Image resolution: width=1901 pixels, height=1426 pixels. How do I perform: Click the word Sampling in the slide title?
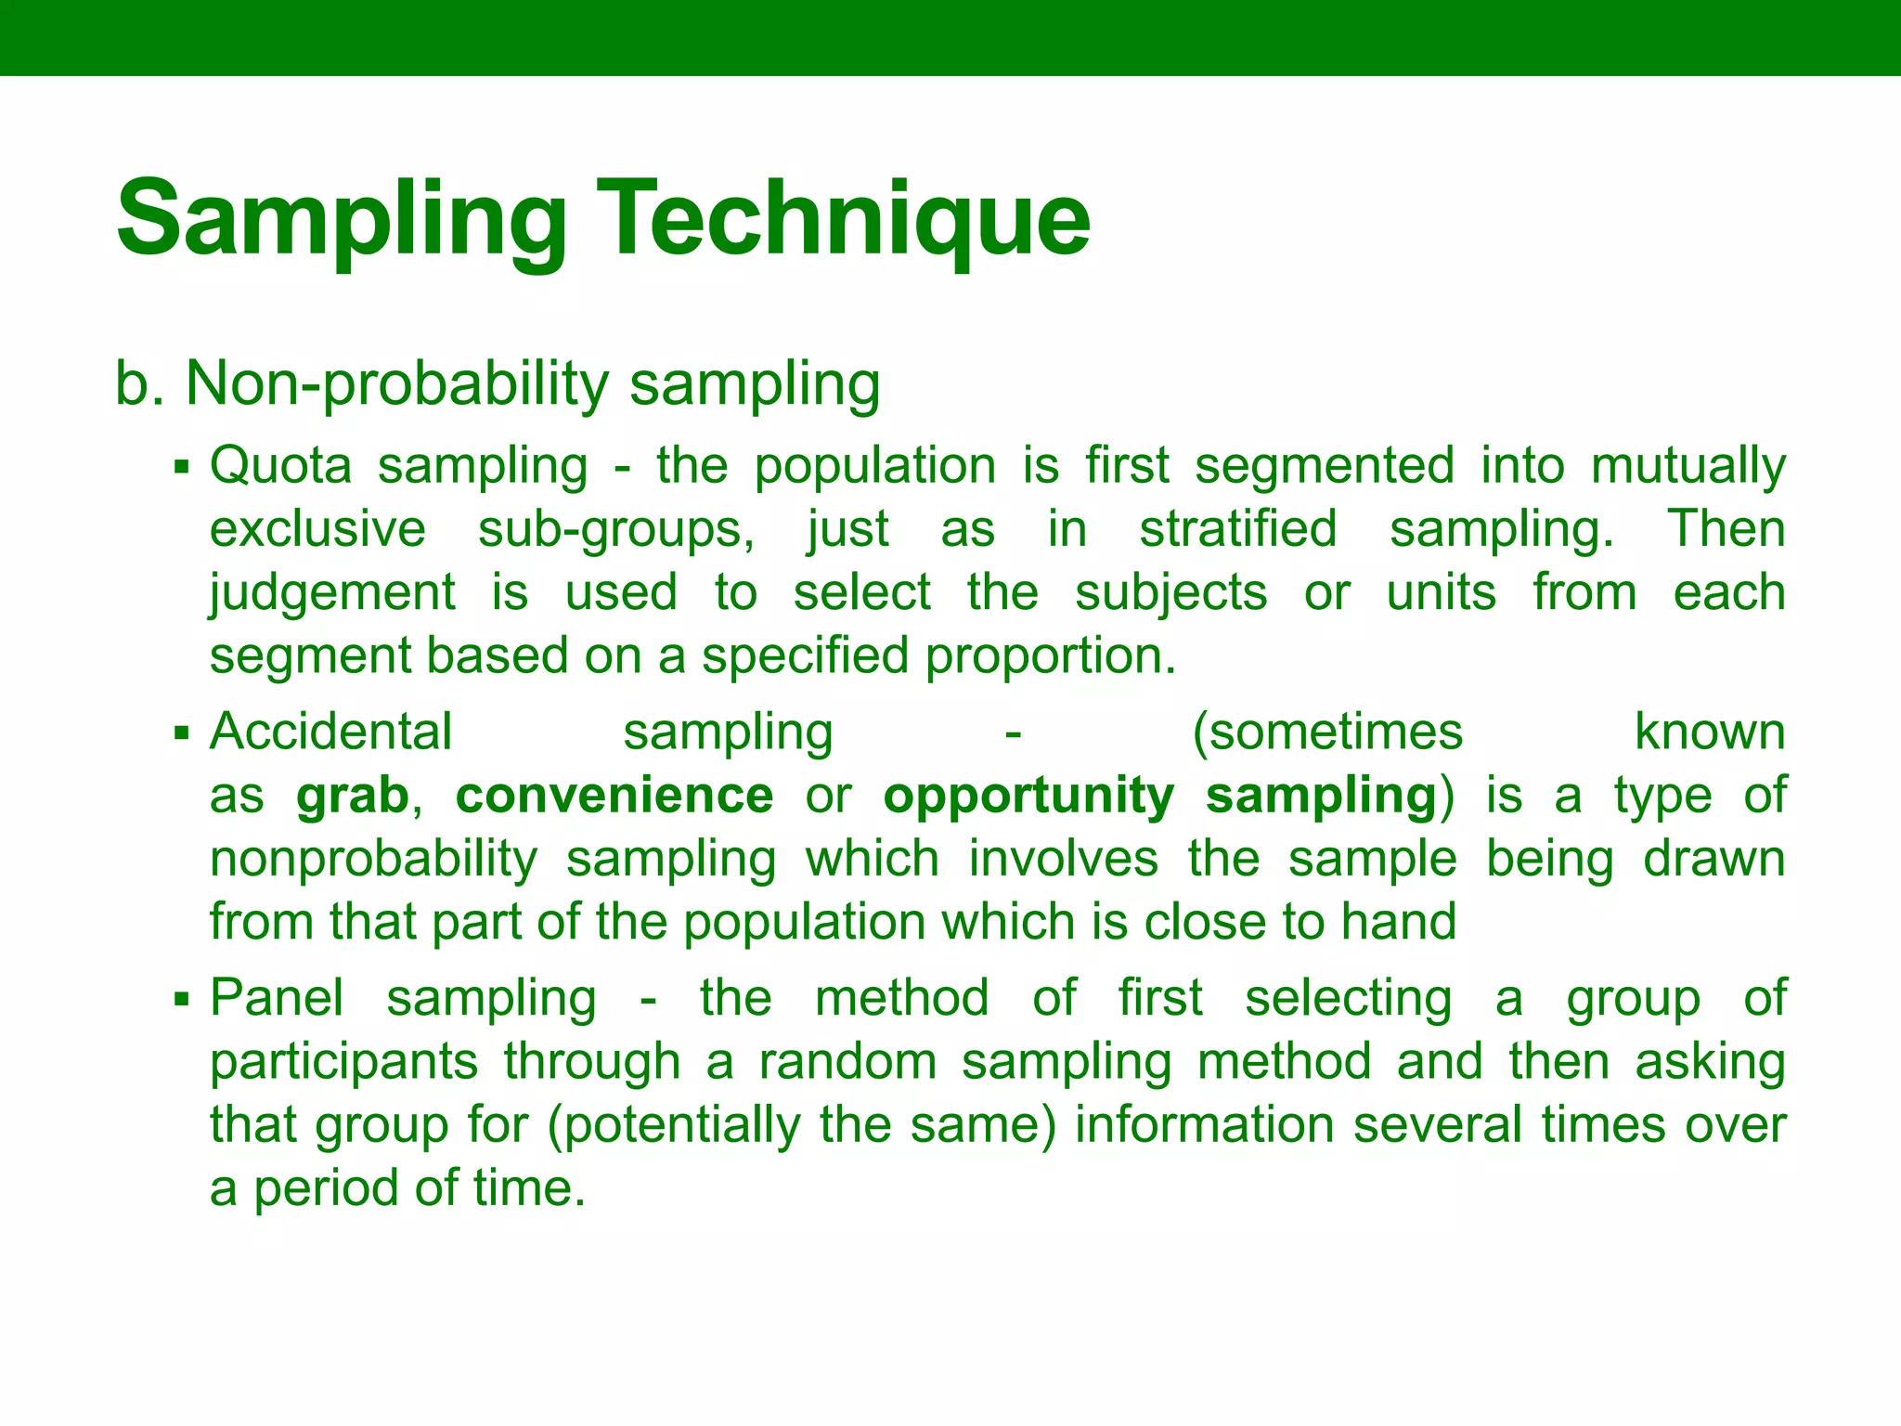tap(342, 219)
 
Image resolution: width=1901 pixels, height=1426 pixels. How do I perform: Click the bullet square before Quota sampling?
tap(182, 466)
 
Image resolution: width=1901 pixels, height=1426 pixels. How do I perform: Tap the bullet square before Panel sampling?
tap(182, 1000)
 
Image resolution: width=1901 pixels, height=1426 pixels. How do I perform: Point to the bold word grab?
tap(353, 797)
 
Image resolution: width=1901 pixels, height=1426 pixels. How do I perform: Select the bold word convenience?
tap(614, 796)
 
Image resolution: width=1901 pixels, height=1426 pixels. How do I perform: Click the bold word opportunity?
tap(1028, 797)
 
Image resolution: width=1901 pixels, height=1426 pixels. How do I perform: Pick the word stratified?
tap(1238, 528)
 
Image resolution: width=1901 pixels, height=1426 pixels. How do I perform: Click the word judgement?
tap(332, 593)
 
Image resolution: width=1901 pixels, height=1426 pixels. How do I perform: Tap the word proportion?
tap(1050, 656)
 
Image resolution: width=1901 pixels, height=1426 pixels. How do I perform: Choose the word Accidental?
tap(330, 732)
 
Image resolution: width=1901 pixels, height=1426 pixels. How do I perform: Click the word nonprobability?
tap(373, 859)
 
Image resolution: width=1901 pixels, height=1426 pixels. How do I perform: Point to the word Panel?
tap(277, 998)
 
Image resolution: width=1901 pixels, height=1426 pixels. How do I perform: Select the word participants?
tap(343, 1062)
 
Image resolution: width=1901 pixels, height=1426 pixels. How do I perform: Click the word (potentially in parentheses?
tap(674, 1125)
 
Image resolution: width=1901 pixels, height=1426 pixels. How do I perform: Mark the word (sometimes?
tap(1327, 732)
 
